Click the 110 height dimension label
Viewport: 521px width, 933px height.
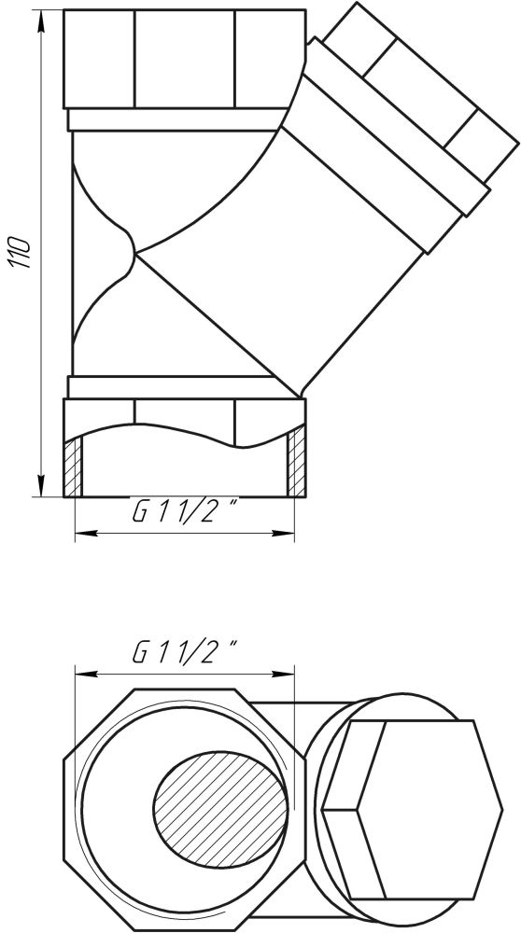[21, 252]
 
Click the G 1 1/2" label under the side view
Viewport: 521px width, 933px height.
[185, 511]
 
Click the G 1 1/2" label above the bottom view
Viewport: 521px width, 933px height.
[185, 653]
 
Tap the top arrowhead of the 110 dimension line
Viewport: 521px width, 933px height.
[41, 21]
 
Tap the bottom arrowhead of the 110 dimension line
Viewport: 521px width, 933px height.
[41, 485]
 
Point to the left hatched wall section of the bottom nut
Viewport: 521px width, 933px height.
[73, 467]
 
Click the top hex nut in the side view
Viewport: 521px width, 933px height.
[185, 59]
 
